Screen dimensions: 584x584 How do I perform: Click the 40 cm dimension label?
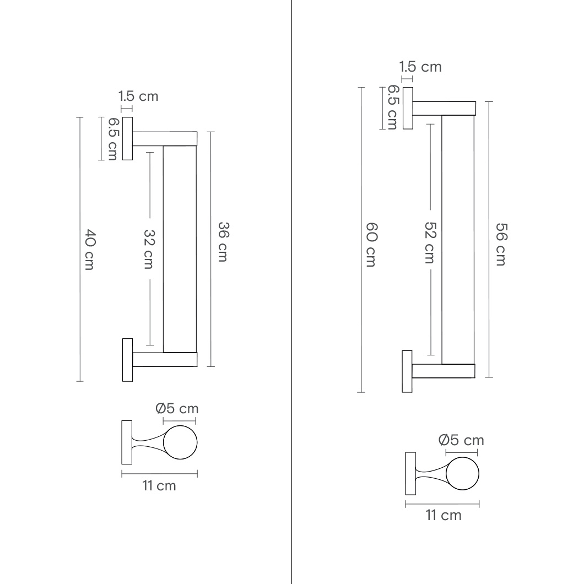[90, 249]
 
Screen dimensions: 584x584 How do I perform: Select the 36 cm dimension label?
[223, 242]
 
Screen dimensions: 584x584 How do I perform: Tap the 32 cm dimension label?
[149, 249]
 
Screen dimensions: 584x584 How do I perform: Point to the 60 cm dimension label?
[371, 245]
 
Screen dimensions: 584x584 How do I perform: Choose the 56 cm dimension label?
[501, 244]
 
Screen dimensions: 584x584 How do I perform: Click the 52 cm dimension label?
[430, 242]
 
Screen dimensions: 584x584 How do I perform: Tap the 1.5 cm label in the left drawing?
[138, 96]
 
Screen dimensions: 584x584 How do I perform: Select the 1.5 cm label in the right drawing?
[420, 67]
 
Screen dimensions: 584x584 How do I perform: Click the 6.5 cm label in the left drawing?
[113, 139]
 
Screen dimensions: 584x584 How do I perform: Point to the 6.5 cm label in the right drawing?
[393, 107]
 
